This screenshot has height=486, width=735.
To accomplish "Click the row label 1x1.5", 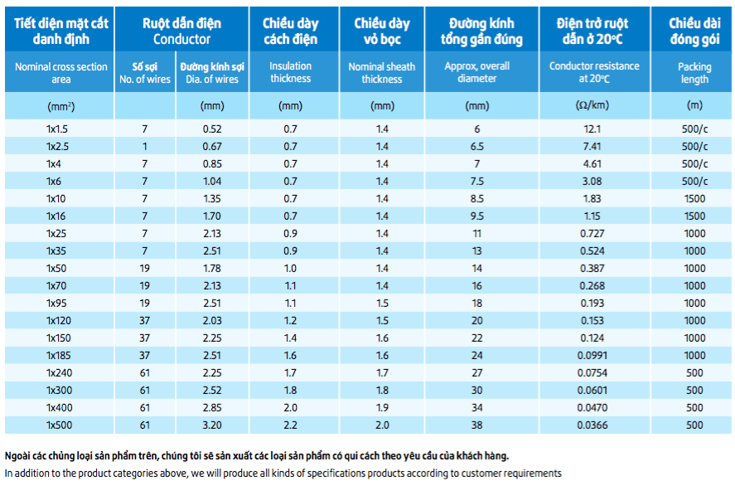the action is pos(57,129).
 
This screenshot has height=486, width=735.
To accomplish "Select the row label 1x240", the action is pos(59,373).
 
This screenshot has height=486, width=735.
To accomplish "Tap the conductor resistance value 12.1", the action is pos(592,129).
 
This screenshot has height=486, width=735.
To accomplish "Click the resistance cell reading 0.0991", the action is pos(592,356).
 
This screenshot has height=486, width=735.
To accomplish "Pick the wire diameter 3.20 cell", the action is pos(212,425).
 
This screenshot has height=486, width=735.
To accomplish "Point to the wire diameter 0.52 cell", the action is pos(212,129).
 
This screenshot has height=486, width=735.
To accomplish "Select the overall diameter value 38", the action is pos(476,425).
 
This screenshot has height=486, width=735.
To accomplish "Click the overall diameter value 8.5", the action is pos(476,199).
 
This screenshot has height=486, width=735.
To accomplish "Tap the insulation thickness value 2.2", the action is pos(290,425).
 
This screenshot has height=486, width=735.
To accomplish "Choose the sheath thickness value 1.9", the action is pos(382,408).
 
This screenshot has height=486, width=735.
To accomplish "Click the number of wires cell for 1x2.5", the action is pos(145,146).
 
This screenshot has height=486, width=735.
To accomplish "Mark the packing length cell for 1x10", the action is pos(694,199).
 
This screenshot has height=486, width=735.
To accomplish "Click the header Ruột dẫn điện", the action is pos(181,23).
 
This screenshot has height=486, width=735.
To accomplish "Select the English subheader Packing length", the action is pos(694,73).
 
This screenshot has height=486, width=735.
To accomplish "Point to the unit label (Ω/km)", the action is pos(592,105).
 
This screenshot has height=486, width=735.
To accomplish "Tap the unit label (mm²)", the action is pos(61,106).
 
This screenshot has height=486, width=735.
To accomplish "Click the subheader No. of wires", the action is pos(145,80).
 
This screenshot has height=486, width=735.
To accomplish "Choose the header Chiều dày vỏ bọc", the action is pos(382,31).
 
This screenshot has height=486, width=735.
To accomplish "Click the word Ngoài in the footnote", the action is pos(17,455).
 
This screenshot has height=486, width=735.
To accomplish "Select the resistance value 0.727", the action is pos(592,234).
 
